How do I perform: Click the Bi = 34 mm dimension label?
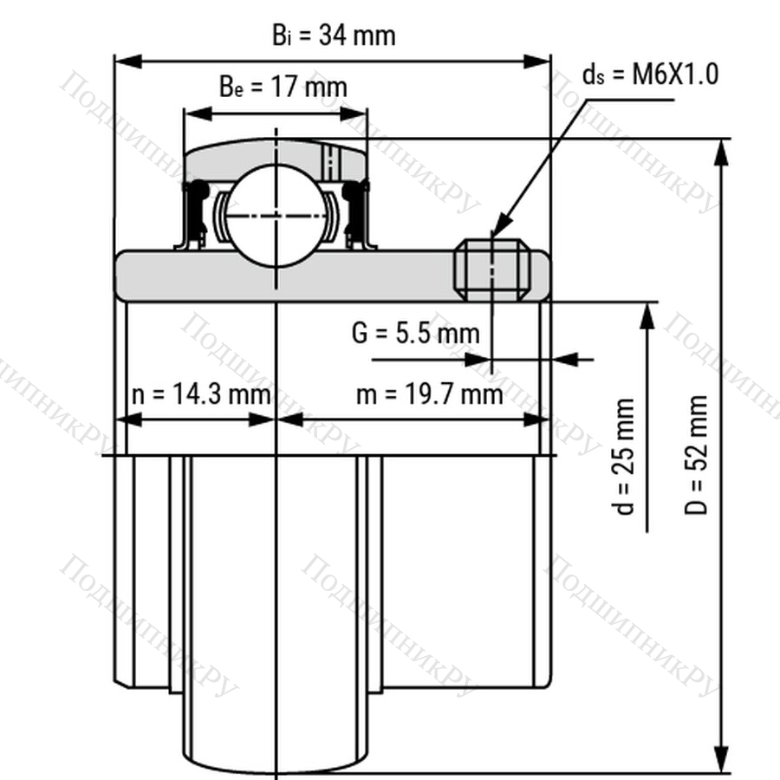point(334,36)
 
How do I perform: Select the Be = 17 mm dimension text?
point(283,87)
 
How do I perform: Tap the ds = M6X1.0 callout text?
point(651,75)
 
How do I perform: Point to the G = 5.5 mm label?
point(415,333)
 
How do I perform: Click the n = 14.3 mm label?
point(201,394)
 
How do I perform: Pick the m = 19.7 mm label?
point(430,394)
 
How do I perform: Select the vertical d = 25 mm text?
point(623,456)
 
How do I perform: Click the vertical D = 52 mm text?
point(695,455)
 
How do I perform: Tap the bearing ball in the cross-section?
point(276,216)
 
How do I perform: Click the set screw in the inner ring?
point(492,270)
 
